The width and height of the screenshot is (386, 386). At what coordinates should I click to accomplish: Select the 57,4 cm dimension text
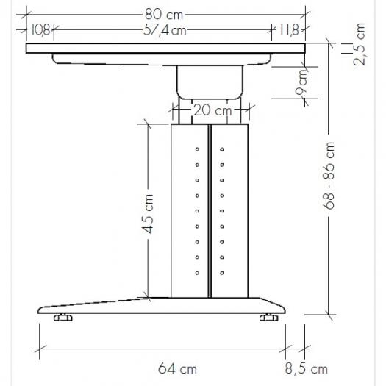point(164,30)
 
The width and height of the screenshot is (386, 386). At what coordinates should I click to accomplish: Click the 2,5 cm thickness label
point(360,45)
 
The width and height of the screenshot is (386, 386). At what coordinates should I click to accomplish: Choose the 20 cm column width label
point(212,111)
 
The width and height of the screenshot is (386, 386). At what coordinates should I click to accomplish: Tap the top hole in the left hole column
point(197,149)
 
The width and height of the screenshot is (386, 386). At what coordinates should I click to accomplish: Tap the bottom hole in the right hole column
point(221,274)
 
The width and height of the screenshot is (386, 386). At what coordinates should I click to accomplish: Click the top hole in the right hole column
point(221,149)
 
